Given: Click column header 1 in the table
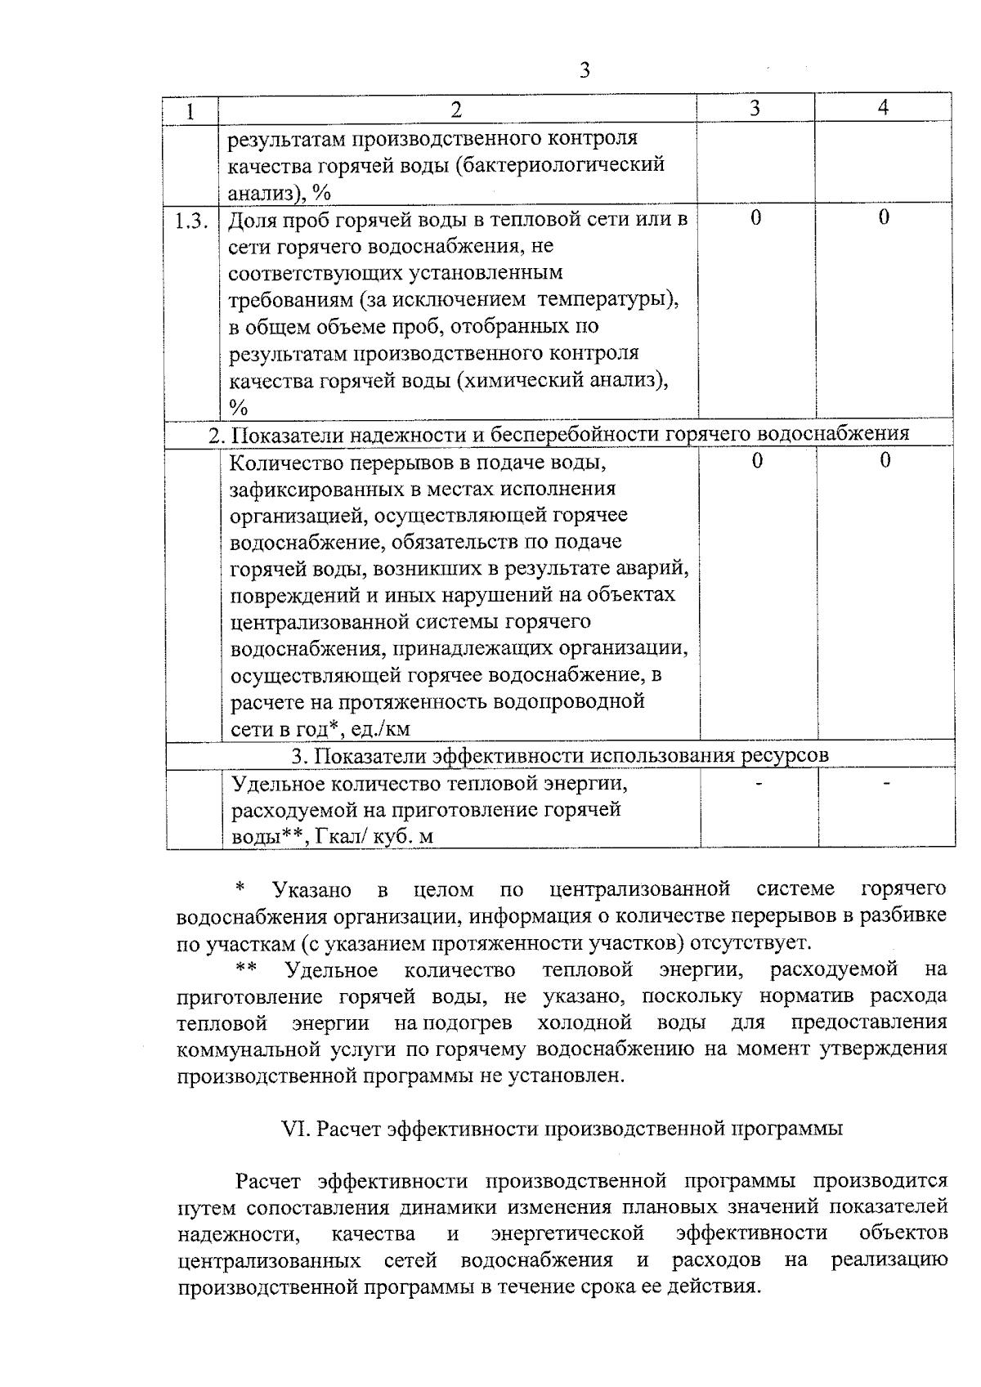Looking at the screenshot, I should (x=190, y=111).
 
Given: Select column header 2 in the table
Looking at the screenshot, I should (x=456, y=110).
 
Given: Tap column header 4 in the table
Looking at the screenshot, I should (x=883, y=108).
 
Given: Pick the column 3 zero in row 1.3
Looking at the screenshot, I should (x=755, y=217).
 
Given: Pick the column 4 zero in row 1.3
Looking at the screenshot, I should (x=884, y=217).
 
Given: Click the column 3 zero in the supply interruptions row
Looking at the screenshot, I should (x=757, y=461).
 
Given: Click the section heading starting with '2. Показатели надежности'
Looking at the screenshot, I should (x=558, y=434).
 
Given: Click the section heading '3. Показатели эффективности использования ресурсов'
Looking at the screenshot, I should (x=560, y=756).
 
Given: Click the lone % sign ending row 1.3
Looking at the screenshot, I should (x=238, y=407).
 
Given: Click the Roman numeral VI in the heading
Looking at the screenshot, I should (x=293, y=1129).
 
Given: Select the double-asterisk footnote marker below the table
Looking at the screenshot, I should (x=246, y=970).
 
